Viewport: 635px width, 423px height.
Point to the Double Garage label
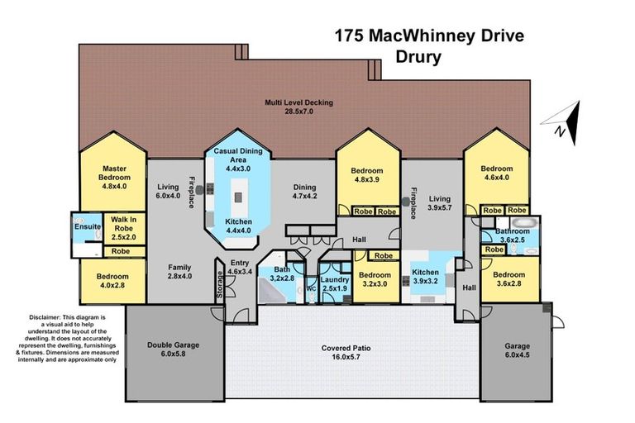[174, 349]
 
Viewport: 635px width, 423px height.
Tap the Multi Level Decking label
[298, 107]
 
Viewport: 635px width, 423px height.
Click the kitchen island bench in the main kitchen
[239, 197]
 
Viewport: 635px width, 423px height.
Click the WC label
[311, 289]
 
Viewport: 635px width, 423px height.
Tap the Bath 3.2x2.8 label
[284, 274]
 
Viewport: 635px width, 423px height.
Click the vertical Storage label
[220, 285]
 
